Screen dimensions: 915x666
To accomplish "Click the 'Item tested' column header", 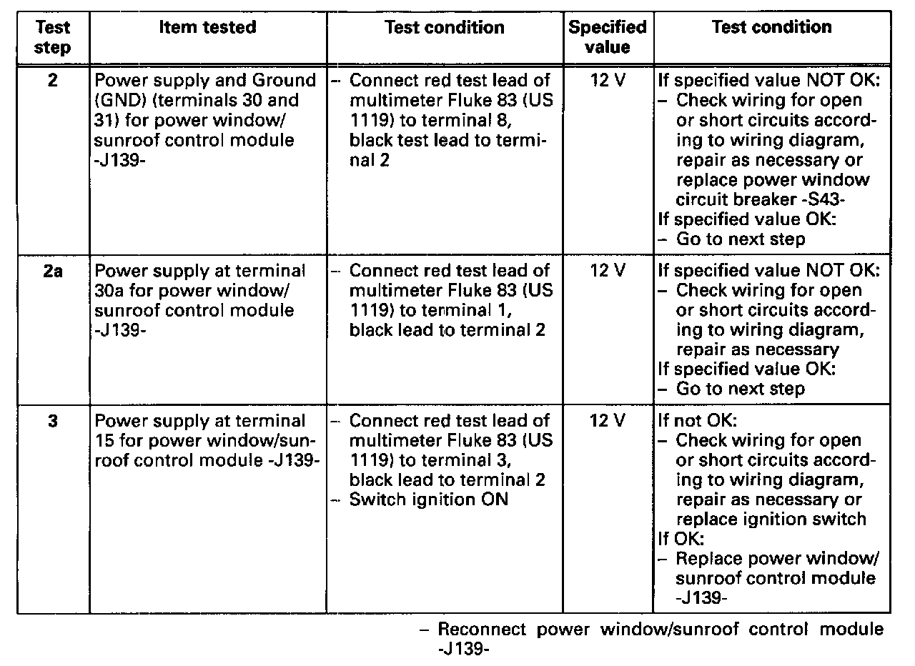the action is point(207,28).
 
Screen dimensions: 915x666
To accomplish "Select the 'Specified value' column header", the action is point(607,38).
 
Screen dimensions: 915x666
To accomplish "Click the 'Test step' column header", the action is point(53,38).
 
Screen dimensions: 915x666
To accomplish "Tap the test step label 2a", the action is point(53,272).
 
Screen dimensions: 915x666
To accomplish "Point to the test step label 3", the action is point(53,421).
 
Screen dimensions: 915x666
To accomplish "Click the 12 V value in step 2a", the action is point(608,272).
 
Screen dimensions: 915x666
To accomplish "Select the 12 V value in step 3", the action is point(608,421).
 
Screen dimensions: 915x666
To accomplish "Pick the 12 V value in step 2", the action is point(608,81).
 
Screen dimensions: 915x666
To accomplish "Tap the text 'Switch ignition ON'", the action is point(428,499).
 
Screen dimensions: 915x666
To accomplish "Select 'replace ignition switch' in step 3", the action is point(771,519).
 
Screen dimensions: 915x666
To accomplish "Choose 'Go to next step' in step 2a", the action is point(740,389).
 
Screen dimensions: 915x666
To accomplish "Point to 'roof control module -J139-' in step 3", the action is point(206,460).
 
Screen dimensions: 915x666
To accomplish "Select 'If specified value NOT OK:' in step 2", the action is point(768,81).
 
